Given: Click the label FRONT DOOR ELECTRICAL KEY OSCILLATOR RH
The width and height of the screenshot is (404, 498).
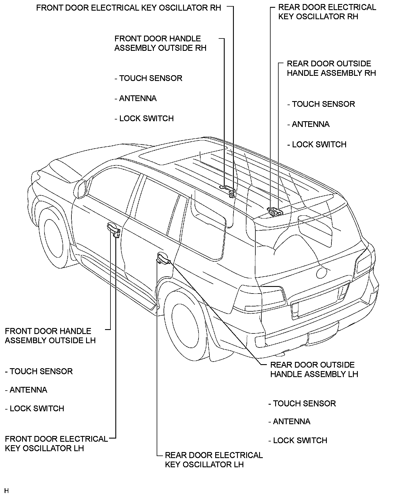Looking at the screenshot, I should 129,8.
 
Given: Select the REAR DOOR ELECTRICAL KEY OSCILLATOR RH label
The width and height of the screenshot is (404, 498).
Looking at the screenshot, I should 327,12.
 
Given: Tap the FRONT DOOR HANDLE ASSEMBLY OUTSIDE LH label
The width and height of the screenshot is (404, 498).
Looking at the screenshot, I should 50,336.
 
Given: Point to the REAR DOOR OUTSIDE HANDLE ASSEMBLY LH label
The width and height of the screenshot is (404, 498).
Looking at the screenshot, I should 314,369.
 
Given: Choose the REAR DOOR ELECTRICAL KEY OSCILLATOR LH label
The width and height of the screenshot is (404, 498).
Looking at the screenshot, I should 213,460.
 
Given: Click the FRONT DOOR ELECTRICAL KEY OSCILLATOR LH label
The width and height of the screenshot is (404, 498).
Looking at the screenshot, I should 56,443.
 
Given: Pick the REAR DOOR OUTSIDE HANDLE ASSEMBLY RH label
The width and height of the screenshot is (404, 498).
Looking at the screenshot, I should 331,68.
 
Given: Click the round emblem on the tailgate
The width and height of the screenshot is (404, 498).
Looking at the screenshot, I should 321,272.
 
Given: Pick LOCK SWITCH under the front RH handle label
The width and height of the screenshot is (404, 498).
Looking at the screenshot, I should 144,119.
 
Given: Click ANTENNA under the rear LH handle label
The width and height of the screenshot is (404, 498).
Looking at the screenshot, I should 290,422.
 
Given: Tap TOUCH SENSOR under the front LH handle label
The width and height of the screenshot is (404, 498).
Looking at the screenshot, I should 39,371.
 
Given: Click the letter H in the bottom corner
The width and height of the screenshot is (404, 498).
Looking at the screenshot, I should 7,491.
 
